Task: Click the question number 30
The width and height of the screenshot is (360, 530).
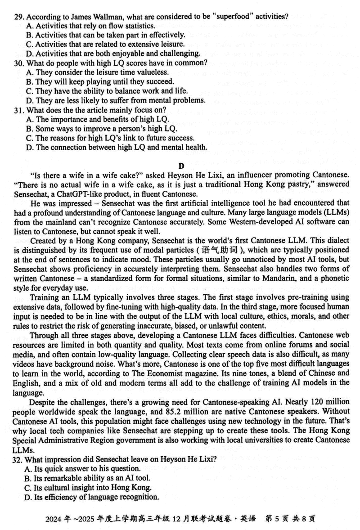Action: click(x=18, y=63)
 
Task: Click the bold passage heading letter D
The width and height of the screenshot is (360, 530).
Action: click(x=181, y=166)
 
